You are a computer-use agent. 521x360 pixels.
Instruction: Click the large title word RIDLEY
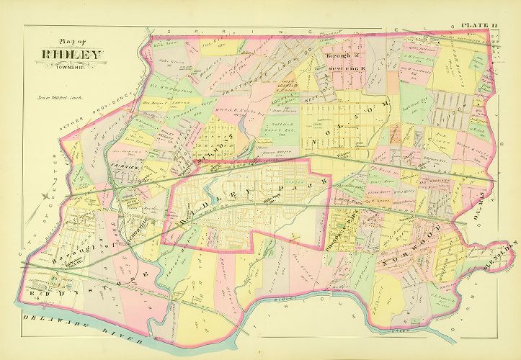pyautogui.click(x=71, y=54)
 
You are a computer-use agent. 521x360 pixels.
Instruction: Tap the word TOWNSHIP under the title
pyautogui.click(x=71, y=66)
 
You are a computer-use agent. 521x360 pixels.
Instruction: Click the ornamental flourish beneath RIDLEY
pyautogui.click(x=71, y=61)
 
